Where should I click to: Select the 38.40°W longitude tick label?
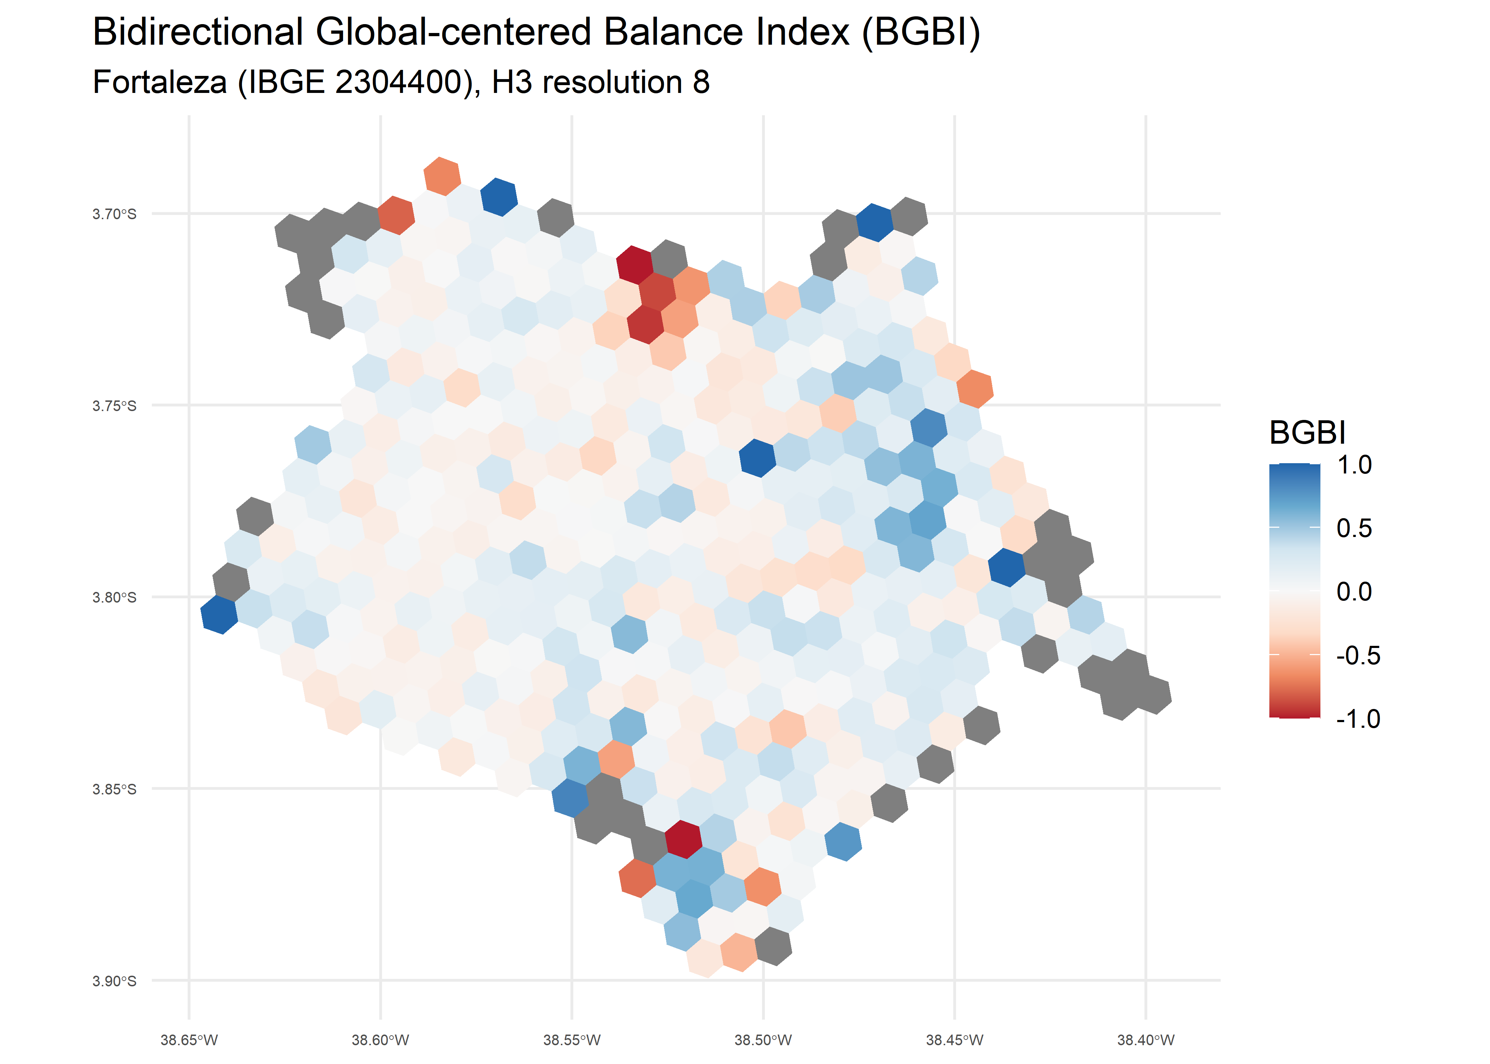1145,1040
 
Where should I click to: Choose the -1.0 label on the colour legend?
1358,719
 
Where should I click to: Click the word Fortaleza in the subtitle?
159,83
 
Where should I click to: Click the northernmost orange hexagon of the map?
442,176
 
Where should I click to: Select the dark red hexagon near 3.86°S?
683,839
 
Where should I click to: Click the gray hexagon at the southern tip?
773,946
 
